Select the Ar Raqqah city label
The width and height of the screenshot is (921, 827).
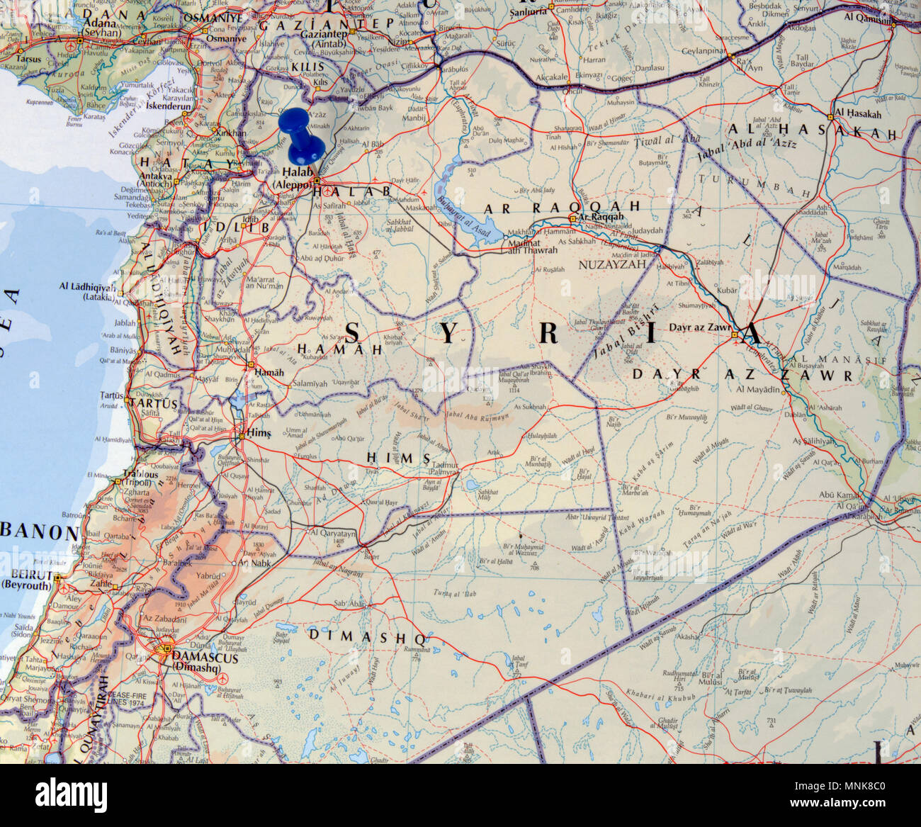pos(601,217)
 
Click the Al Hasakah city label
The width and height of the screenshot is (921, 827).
pos(858,113)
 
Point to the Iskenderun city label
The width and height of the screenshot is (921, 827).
pos(169,106)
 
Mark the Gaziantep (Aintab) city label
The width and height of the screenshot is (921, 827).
pos(323,38)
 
